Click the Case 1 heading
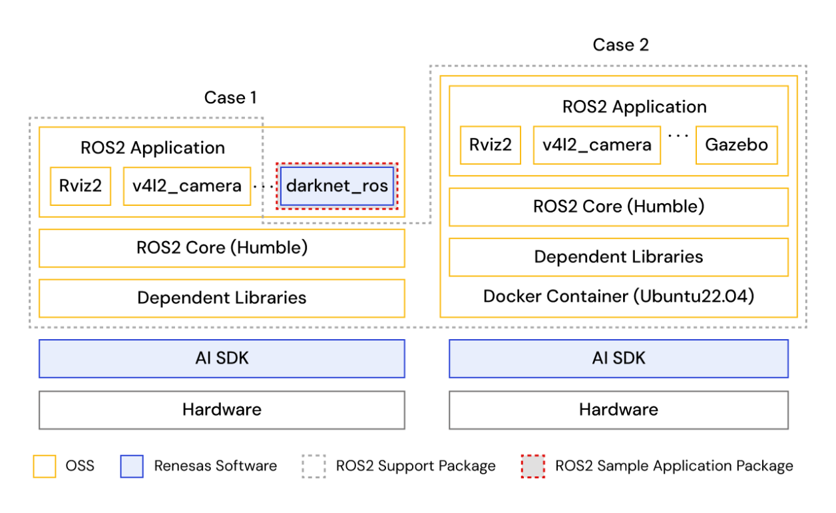coord(230,98)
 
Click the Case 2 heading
coord(620,45)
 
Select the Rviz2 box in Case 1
coord(81,186)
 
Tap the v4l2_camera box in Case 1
coord(187,186)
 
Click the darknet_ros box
coord(337,186)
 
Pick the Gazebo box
coord(736,145)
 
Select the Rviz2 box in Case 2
coord(491,145)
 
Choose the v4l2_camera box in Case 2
coord(597,145)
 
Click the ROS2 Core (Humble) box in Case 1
coord(222,249)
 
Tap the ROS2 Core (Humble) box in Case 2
coord(618,207)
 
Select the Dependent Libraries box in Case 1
coord(222,298)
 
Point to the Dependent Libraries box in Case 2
coord(618,257)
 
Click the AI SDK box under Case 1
coord(222,358)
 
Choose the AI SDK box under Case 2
coord(618,358)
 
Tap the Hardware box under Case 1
coord(222,409)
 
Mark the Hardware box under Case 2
coord(618,409)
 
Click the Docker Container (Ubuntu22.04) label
coord(618,296)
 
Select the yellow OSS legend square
coord(44,466)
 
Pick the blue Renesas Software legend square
coord(132,466)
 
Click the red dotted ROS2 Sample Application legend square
coord(532,466)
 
